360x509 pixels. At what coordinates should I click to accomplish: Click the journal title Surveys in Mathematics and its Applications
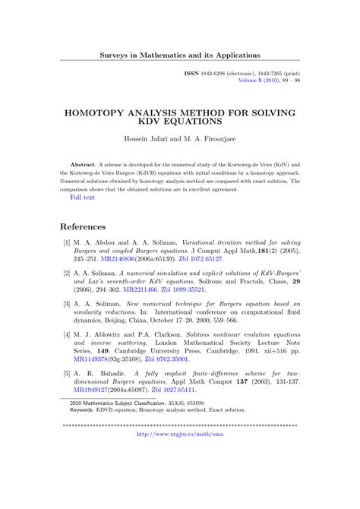point(180,55)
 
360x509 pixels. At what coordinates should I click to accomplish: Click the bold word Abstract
point(82,164)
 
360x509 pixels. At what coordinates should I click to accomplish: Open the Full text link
point(82,198)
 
